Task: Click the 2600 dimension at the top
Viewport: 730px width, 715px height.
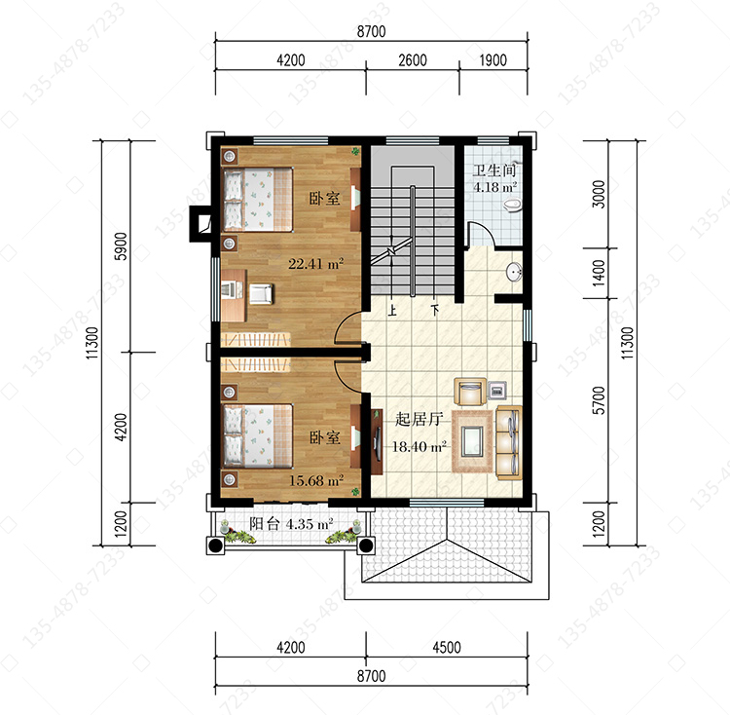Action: click(413, 60)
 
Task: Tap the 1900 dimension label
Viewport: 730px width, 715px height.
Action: click(493, 60)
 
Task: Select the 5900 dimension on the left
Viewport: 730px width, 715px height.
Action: click(121, 245)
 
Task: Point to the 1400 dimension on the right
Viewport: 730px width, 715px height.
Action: click(600, 273)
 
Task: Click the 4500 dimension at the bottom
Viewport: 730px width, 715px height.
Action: click(447, 648)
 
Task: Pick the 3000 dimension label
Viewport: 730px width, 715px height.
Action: click(600, 194)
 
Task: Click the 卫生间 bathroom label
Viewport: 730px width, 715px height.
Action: click(494, 170)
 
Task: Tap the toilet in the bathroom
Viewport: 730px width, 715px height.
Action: click(512, 206)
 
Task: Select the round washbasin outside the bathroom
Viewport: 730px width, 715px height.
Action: click(514, 272)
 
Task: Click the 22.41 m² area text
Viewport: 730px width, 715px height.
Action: click(316, 264)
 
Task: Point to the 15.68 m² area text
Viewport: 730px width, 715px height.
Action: click(316, 480)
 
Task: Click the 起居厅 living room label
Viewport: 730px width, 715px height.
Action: click(419, 419)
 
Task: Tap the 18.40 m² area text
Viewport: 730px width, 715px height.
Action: click(420, 447)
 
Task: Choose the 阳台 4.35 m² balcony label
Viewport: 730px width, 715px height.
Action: click(291, 524)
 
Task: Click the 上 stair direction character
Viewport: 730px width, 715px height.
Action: click(392, 310)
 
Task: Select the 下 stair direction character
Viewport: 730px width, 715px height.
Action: click(435, 310)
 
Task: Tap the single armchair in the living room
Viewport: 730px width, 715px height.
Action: click(471, 392)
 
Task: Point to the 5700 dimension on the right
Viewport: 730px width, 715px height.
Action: click(600, 400)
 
